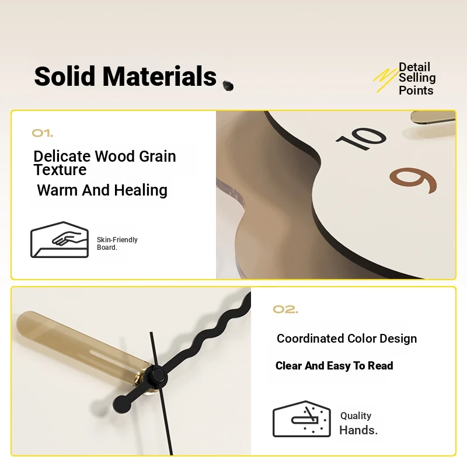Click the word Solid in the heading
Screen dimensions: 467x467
click(65, 76)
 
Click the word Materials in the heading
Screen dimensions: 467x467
click(159, 76)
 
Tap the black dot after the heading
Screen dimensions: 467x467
click(228, 86)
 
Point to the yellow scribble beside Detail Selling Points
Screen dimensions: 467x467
click(385, 80)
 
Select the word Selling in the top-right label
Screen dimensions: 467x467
click(417, 78)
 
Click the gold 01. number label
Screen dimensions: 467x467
click(43, 133)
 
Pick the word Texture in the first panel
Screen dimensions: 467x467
click(60, 170)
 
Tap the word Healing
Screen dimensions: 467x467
click(141, 190)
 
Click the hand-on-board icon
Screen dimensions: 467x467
click(60, 239)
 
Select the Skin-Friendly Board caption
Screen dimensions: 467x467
click(117, 243)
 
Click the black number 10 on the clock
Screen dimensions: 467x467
click(361, 138)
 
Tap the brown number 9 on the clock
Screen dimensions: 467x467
click(413, 180)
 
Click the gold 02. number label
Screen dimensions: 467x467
click(285, 309)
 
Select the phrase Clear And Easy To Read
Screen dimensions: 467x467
click(334, 366)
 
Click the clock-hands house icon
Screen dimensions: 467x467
click(302, 419)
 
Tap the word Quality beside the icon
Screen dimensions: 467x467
click(356, 416)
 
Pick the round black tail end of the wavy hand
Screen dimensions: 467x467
click(122, 405)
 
